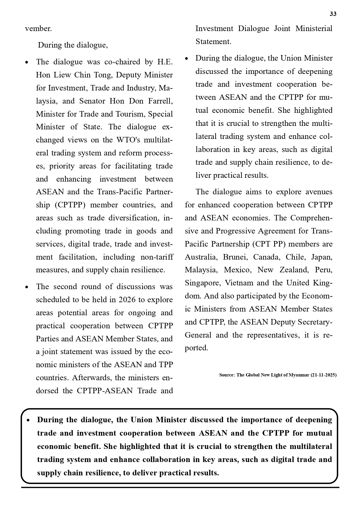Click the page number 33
coord(333,14)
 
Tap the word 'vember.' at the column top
coord(38,29)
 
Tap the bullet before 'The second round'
coord(27,287)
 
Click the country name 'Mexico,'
coord(236,270)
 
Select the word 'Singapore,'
coord(202,283)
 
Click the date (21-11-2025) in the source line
coord(323,375)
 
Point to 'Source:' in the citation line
coord(227,375)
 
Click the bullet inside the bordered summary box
coord(28,420)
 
